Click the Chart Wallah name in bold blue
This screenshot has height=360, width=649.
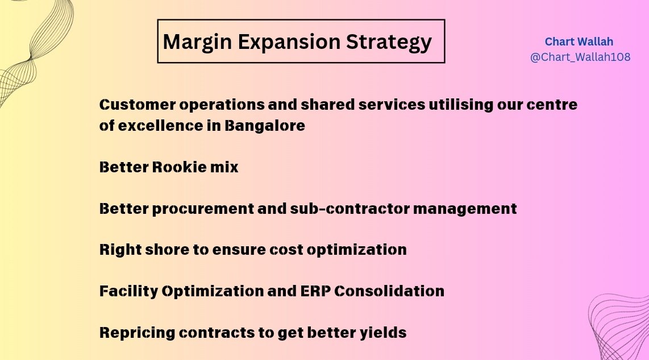pyautogui.click(x=579, y=42)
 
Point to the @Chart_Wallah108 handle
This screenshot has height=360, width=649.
pyautogui.click(x=580, y=57)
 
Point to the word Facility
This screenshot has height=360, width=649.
pyautogui.click(x=128, y=291)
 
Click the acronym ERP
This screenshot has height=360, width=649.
pyautogui.click(x=316, y=291)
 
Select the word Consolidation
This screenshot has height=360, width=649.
pyautogui.click(x=389, y=291)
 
